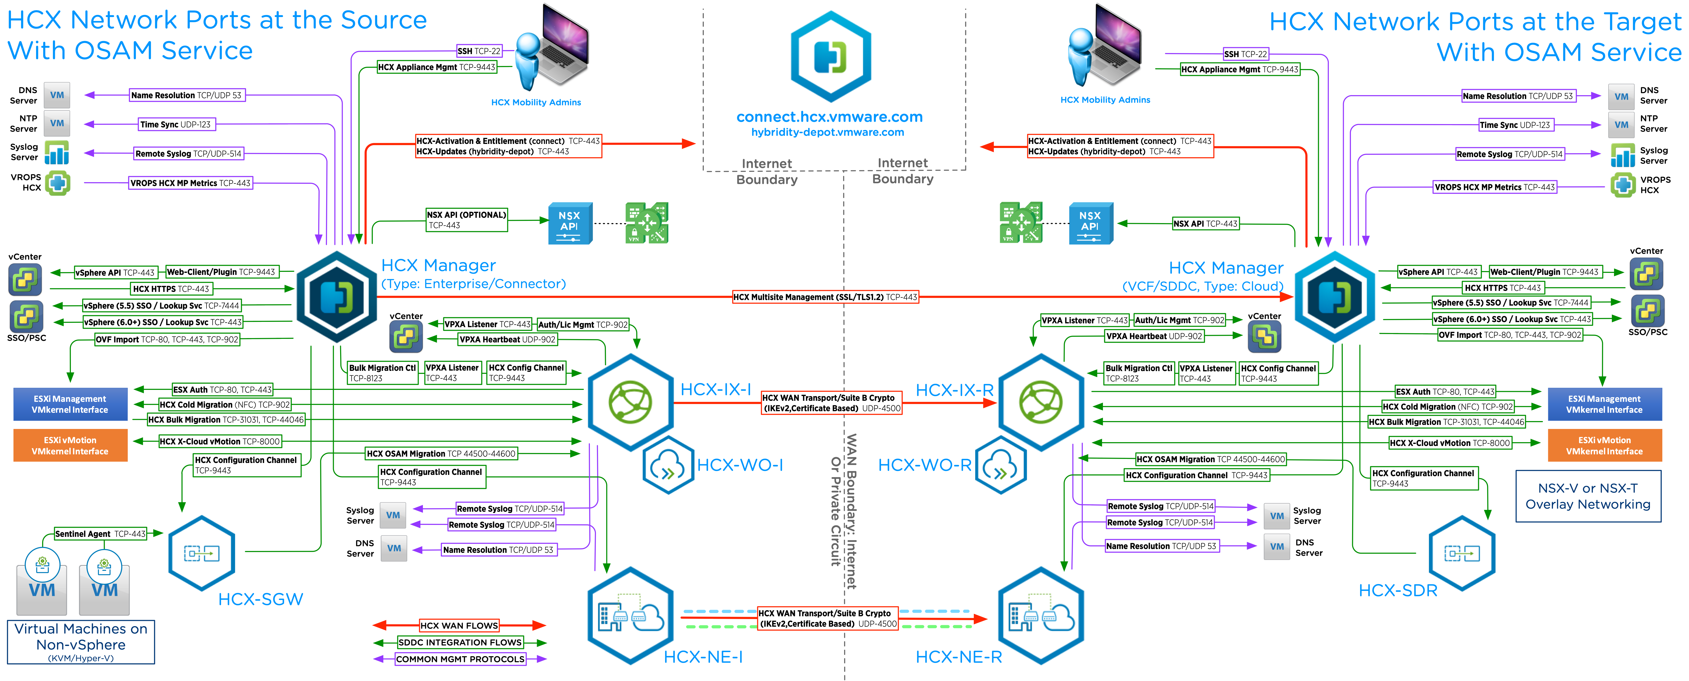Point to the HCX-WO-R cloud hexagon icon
pyautogui.click(x=1000, y=465)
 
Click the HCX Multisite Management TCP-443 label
pyautogui.click(x=825, y=297)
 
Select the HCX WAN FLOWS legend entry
pyautogui.click(x=459, y=625)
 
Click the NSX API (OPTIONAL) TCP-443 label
pyautogui.click(x=466, y=220)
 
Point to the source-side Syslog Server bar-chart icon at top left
pyautogui.click(x=57, y=153)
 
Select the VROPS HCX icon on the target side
pyautogui.click(x=1623, y=185)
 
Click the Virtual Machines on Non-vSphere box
pyautogui.click(x=81, y=642)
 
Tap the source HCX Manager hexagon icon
pyautogui.click(x=336, y=296)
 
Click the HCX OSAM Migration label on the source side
pyautogui.click(x=441, y=454)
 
